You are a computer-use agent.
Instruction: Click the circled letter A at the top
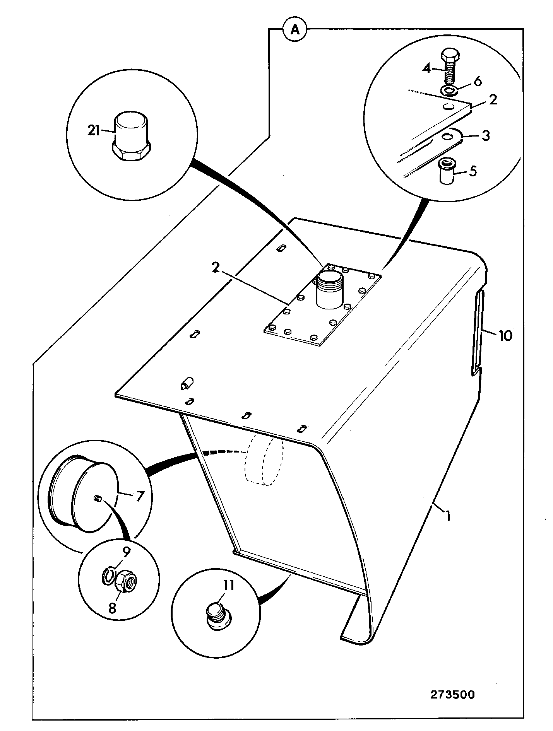[295, 29]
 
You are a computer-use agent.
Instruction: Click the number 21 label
[93, 132]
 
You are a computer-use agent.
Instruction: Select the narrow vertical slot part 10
[478, 333]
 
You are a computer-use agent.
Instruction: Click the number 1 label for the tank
[448, 516]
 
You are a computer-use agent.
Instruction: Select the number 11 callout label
[228, 585]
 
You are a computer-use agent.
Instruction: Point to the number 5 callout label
[473, 171]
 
